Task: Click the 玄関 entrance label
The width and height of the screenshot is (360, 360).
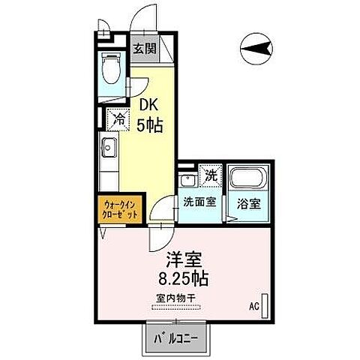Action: click(145, 50)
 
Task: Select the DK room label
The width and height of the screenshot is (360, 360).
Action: click(147, 108)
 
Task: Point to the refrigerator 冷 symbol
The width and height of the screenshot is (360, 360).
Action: click(118, 117)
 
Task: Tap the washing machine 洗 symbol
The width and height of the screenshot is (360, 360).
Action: click(211, 175)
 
